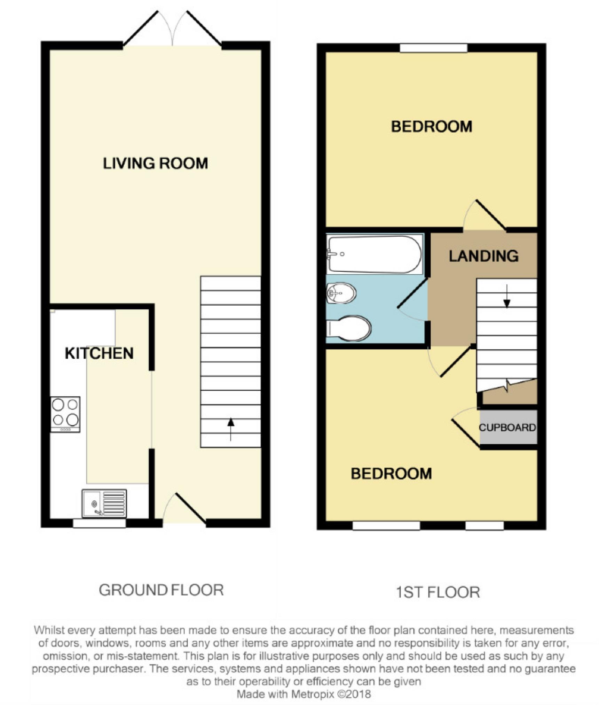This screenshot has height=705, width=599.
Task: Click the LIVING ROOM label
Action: pos(155,163)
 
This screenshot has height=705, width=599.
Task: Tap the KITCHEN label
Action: pos(99,353)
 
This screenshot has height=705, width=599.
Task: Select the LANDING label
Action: pos(483,256)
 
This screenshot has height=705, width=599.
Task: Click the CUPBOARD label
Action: pos(507,428)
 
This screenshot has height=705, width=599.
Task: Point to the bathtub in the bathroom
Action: pos(375,254)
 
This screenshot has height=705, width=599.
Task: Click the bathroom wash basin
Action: pos(341,293)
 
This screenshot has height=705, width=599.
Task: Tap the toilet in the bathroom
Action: pos(349,328)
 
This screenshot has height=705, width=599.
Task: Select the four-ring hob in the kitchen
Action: pos(65,414)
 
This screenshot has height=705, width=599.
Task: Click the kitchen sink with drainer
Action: pos(104,503)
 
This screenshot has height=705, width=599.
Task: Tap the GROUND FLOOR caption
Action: pos(161,590)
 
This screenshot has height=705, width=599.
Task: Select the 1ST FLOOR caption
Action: pos(438,592)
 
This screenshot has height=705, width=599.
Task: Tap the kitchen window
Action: pos(99,523)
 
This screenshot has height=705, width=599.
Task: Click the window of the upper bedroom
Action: pos(433,48)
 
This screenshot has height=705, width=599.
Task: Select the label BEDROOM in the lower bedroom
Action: pos(391,474)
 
